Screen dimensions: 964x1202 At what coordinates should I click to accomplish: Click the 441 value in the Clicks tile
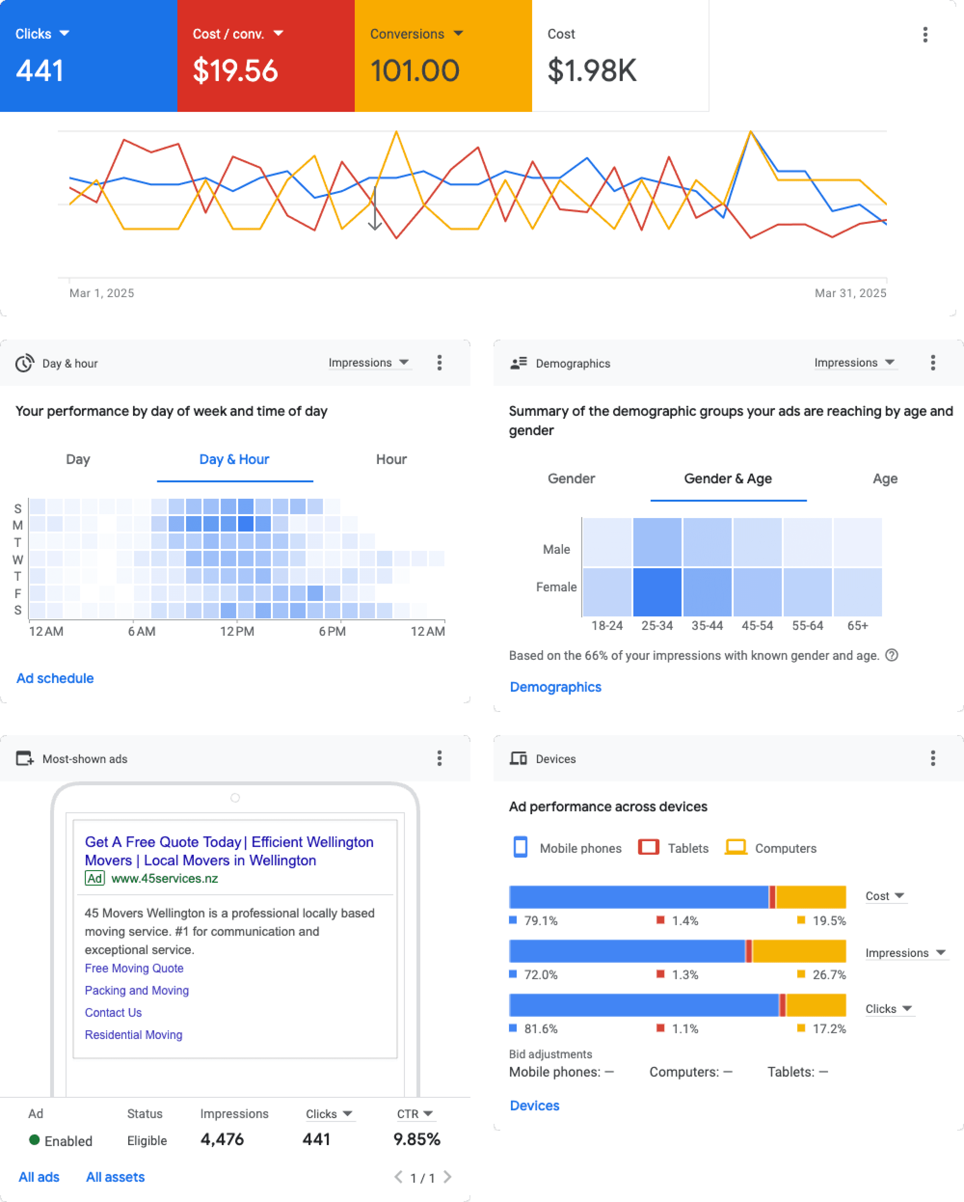coord(40,71)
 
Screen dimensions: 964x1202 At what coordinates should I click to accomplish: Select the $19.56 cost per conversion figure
coord(235,71)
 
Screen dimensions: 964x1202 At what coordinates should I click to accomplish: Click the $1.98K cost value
coord(592,71)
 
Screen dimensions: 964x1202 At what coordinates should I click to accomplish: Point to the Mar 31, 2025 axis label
coord(850,293)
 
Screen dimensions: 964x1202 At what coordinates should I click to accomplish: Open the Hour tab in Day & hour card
coord(391,460)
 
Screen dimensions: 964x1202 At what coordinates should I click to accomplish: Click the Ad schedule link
coord(55,678)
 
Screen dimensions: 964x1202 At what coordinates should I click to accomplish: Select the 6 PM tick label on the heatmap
coord(332,632)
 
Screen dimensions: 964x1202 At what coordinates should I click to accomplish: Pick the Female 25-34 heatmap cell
coord(657,592)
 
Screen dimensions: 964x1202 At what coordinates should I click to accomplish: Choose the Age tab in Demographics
coord(885,479)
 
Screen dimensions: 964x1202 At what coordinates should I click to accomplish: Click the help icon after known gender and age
coord(892,655)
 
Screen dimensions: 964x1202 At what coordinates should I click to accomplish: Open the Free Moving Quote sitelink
coord(134,969)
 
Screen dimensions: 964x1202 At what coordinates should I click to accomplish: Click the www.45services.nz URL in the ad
coord(165,879)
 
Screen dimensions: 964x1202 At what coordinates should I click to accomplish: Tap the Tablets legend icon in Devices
coord(648,847)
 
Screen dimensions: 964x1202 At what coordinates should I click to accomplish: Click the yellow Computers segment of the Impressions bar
coord(799,951)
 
